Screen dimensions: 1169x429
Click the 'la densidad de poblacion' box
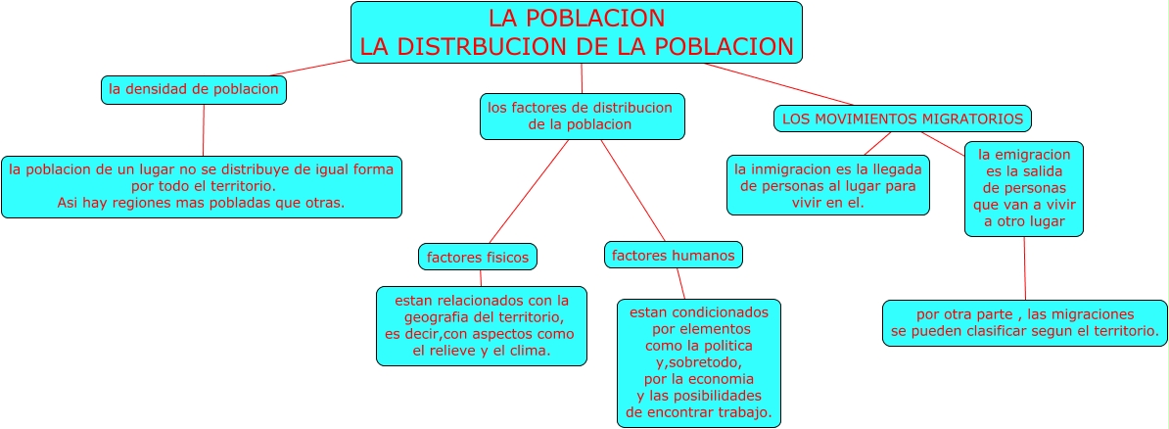[x=194, y=90]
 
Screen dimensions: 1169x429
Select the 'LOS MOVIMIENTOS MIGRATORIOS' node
[x=902, y=119]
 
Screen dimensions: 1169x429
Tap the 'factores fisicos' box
[x=478, y=258]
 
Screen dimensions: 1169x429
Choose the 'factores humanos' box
[x=673, y=255]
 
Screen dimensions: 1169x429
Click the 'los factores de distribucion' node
[x=582, y=117]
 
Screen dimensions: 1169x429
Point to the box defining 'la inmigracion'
[x=827, y=185]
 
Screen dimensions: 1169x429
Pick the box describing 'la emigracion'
[x=1024, y=189]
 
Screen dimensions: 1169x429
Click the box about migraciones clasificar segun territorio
[x=1025, y=323]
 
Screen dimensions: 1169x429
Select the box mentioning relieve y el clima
[x=481, y=326]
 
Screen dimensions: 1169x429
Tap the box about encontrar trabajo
[x=698, y=363]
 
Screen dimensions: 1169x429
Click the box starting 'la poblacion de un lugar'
[x=202, y=186]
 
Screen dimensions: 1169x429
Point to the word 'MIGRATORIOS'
[x=972, y=119]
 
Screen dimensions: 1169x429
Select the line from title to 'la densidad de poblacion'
[x=310, y=68]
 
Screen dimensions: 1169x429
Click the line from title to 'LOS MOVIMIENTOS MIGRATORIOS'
[x=779, y=84]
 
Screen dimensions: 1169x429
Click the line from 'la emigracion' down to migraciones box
[x=1025, y=268]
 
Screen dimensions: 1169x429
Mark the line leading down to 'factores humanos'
[x=632, y=190]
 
